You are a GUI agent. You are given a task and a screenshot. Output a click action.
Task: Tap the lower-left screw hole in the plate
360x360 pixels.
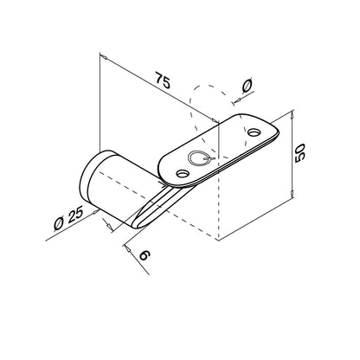click(x=182, y=174)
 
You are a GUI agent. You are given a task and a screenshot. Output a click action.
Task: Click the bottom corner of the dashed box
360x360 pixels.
click(x=221, y=237)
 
